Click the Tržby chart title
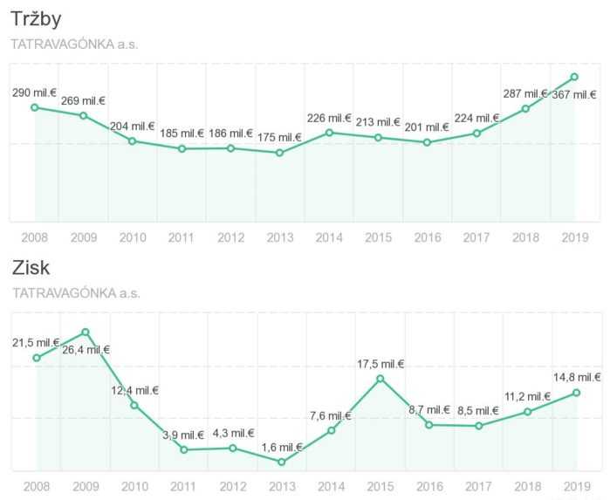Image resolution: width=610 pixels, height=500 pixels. (x=36, y=19)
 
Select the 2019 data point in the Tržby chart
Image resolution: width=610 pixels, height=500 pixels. (x=574, y=77)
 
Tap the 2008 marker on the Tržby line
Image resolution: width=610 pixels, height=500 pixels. (x=34, y=107)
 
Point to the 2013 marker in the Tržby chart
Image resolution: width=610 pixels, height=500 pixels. (x=279, y=153)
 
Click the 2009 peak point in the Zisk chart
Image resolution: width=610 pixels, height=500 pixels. (x=86, y=332)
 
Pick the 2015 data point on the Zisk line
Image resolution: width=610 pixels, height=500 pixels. (x=380, y=378)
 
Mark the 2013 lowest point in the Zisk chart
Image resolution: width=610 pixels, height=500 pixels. (x=282, y=462)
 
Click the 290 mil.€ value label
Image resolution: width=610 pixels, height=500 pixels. (x=35, y=92)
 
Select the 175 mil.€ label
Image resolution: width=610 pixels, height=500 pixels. (x=278, y=137)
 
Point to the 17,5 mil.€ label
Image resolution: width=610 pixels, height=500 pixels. (x=380, y=363)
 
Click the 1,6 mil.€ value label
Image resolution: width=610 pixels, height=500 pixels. (x=281, y=447)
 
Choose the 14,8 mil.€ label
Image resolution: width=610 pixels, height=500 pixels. (x=577, y=377)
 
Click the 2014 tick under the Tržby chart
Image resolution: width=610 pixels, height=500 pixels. (x=329, y=236)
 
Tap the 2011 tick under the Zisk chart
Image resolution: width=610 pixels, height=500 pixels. (x=183, y=485)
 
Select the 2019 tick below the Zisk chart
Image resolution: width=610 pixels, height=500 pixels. (x=576, y=485)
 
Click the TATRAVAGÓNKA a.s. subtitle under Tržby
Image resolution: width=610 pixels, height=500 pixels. (x=74, y=44)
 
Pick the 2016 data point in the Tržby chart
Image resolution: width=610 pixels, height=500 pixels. (x=427, y=142)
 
